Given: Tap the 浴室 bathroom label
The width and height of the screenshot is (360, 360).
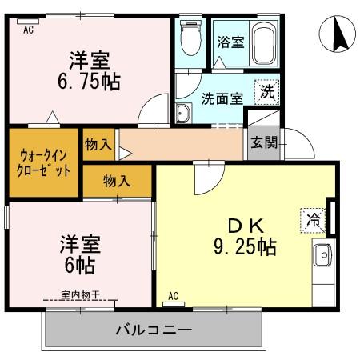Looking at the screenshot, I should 231,42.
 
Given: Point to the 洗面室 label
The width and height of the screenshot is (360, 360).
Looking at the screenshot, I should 220,100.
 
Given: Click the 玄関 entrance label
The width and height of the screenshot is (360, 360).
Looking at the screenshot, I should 263,144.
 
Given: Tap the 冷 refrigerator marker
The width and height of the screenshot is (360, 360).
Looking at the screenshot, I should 313,217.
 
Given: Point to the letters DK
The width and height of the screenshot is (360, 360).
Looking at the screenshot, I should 245,225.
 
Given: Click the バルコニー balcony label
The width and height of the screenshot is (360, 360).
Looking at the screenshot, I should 153,329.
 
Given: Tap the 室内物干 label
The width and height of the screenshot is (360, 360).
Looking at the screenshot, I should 80,295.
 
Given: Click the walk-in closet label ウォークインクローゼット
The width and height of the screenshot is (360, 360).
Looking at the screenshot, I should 44,162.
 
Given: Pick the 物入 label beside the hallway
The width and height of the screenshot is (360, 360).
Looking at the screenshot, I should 98,144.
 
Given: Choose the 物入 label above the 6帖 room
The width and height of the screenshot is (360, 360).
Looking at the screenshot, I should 116,181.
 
